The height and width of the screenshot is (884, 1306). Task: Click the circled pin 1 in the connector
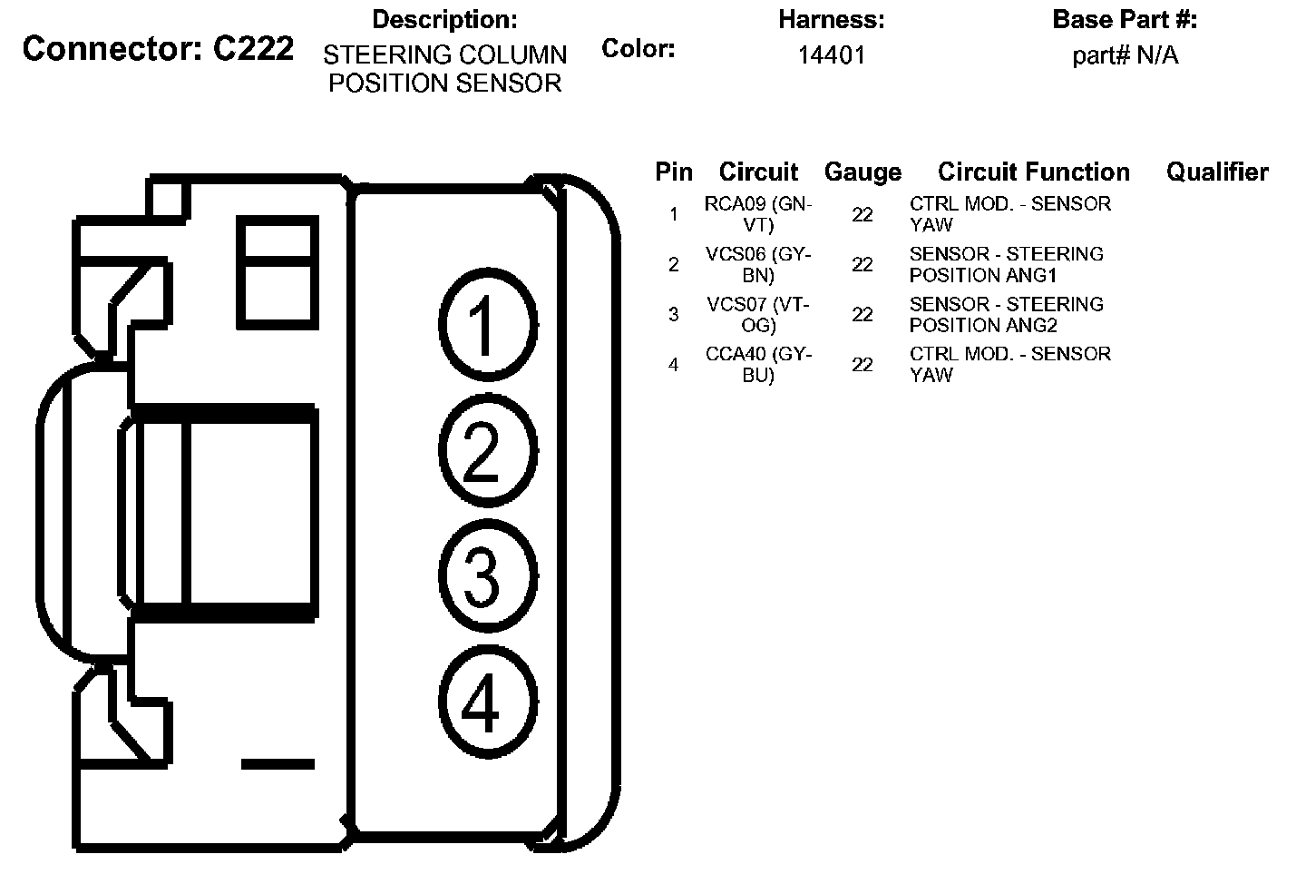click(x=487, y=323)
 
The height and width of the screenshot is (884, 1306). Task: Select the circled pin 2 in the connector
click(x=487, y=450)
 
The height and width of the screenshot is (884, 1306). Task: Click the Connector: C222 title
click(x=158, y=49)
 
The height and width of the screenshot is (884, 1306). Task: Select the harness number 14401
click(x=831, y=55)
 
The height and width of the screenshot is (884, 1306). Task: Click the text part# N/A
click(x=1125, y=55)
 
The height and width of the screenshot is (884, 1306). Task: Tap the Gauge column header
click(x=863, y=172)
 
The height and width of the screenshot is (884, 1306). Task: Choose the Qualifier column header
click(x=1217, y=172)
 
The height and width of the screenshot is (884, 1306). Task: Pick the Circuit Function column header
click(x=1033, y=172)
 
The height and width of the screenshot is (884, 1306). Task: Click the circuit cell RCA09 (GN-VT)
click(x=758, y=214)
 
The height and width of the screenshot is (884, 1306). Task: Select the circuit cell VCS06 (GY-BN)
click(x=758, y=264)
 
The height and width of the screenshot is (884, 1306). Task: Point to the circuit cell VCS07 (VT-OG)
click(x=758, y=314)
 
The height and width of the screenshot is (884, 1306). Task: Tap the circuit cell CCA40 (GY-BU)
click(x=758, y=364)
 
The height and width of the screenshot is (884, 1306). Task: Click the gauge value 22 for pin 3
click(x=863, y=315)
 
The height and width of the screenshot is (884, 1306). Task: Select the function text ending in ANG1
click(x=1006, y=264)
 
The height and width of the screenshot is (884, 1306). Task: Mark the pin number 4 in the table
click(x=673, y=365)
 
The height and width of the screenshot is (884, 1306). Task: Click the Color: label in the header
click(x=638, y=49)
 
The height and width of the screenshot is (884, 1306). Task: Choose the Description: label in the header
click(x=444, y=20)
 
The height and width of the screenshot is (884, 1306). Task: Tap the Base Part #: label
click(x=1125, y=20)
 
